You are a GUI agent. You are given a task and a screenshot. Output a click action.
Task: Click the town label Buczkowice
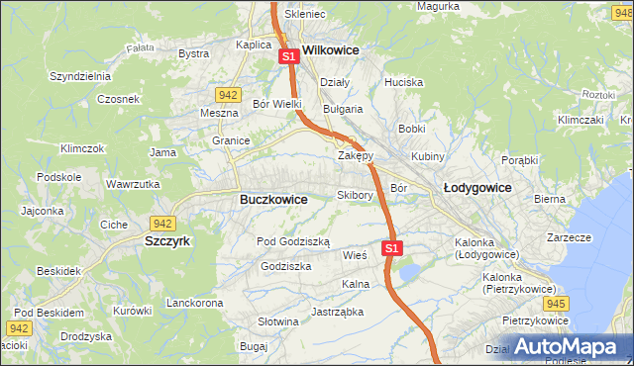click(x=273, y=199)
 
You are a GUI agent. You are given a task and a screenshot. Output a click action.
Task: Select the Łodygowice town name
click(x=476, y=187)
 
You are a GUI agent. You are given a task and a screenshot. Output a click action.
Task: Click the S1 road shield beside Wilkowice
click(x=288, y=57)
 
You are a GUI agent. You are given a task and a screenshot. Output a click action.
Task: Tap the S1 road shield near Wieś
click(x=392, y=248)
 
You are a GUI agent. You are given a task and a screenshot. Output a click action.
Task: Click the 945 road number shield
click(x=557, y=304)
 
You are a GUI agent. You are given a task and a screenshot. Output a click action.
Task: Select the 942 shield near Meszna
click(x=228, y=95)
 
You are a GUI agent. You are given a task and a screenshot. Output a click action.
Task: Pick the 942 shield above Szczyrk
click(x=162, y=224)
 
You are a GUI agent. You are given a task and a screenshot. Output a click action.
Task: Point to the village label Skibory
click(x=355, y=195)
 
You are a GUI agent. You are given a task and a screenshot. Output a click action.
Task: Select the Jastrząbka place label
click(x=337, y=312)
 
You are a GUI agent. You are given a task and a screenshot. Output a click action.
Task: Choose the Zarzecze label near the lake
click(x=569, y=237)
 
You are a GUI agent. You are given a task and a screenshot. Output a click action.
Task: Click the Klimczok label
click(x=82, y=148)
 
